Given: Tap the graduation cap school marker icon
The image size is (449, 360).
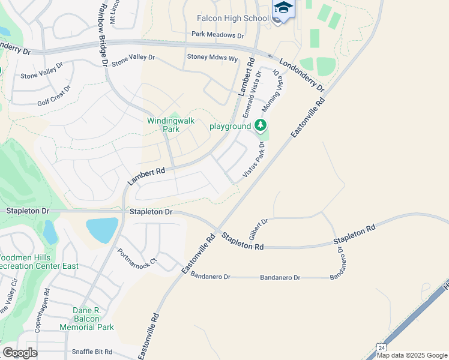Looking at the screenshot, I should [283, 8].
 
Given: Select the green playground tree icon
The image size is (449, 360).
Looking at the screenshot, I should [260, 125].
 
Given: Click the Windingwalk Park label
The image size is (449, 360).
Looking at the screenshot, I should [171, 125].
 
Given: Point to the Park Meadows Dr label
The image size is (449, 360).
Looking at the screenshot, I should [218, 35].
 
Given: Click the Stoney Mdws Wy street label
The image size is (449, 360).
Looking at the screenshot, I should [212, 60].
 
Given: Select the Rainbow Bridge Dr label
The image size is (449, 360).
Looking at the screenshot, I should [102, 33].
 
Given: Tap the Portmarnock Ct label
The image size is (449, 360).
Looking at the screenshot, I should [137, 258].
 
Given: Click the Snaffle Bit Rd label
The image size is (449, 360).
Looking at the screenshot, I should [92, 352].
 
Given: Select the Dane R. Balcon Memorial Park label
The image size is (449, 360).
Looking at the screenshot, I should [86, 319].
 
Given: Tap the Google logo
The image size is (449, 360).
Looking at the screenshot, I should [20, 353].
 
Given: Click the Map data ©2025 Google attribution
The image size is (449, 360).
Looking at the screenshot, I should [412, 355].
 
